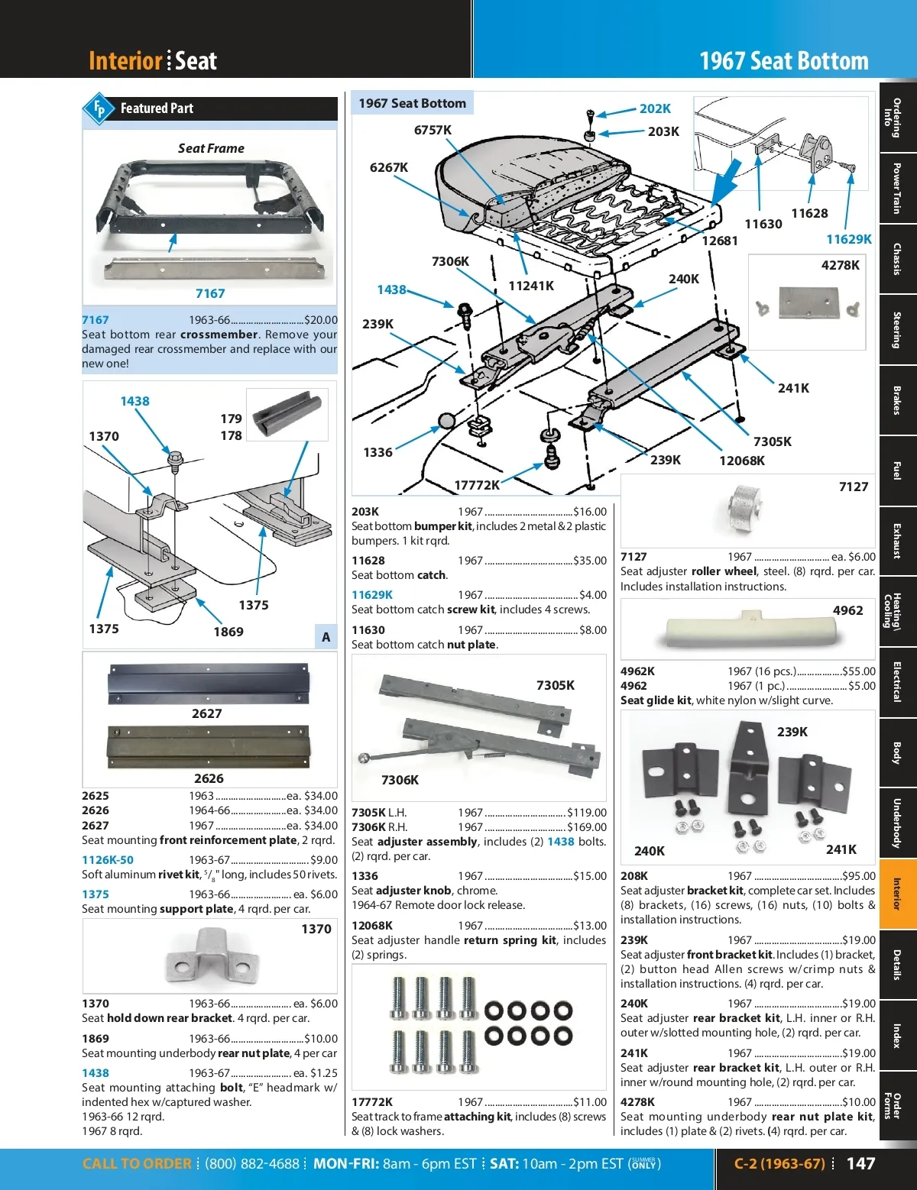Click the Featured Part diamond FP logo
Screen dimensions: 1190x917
tap(99, 109)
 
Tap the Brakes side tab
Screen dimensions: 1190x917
tap(897, 400)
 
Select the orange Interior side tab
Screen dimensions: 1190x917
tap(897, 894)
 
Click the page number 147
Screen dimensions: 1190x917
tap(860, 1163)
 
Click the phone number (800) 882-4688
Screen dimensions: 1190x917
tap(252, 1164)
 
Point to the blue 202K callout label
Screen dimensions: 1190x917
tap(655, 108)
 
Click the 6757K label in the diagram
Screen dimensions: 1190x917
tap(433, 130)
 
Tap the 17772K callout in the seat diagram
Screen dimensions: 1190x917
tap(477, 485)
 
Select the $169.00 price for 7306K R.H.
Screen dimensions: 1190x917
tap(586, 827)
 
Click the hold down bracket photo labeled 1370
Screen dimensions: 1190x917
tap(209, 956)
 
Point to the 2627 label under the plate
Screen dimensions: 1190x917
tap(207, 713)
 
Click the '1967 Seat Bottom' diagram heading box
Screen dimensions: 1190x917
tap(412, 103)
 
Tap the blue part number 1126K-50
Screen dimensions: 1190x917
tap(108, 860)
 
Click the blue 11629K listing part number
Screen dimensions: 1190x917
tap(372, 595)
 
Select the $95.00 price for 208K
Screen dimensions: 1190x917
tap(859, 876)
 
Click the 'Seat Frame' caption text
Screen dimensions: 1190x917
tap(211, 148)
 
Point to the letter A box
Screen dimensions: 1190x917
tap(326, 636)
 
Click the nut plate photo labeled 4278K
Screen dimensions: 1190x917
tap(808, 303)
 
